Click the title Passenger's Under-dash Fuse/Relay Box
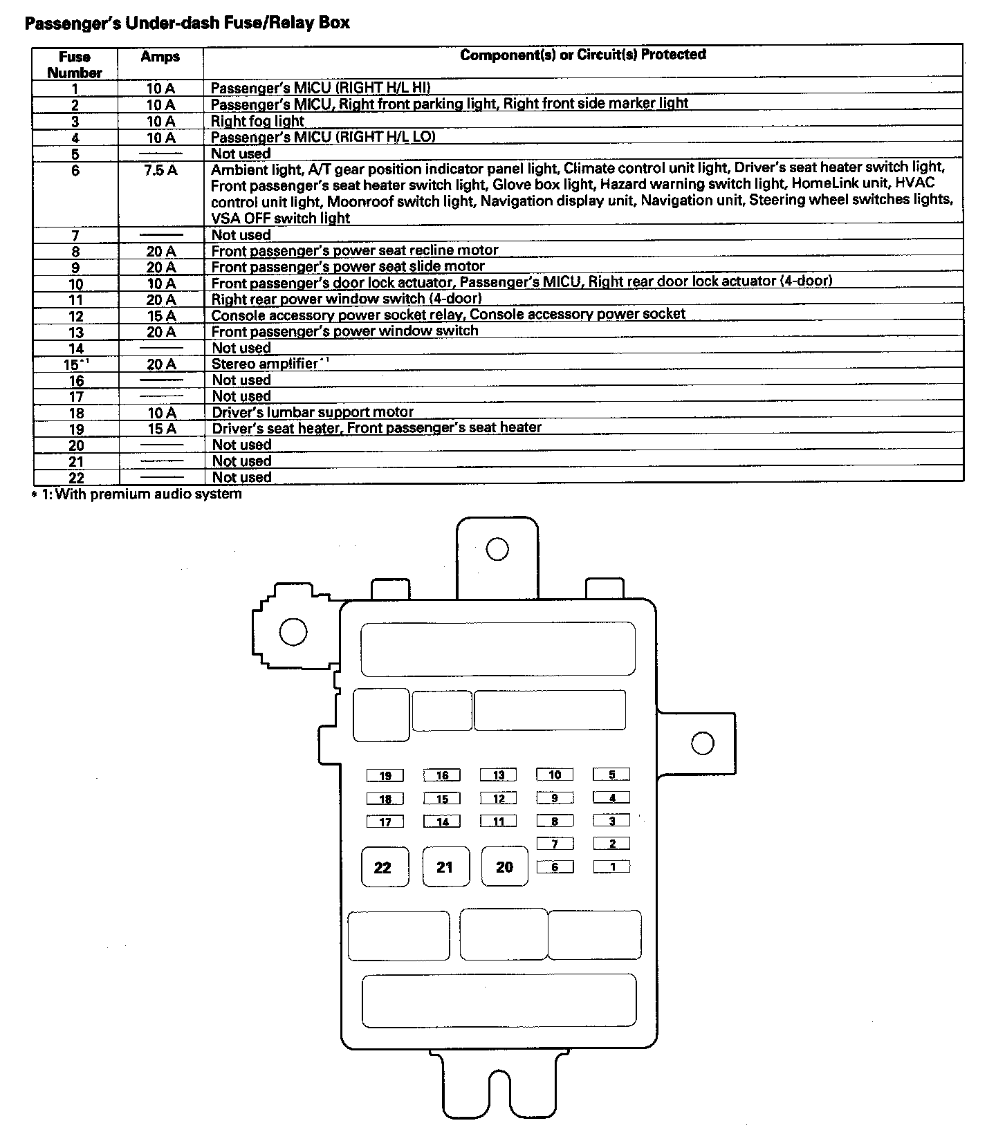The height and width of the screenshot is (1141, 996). point(187,23)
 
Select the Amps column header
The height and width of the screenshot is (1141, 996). point(160,57)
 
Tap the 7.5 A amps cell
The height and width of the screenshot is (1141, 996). point(160,169)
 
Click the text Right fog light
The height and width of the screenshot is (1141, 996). point(257,121)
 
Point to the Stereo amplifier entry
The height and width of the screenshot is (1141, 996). point(265,364)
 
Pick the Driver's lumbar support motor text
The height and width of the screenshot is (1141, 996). point(313,412)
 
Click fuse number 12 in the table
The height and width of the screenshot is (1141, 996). point(75,316)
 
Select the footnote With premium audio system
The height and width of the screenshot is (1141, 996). point(148,494)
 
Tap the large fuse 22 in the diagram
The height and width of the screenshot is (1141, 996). point(383,867)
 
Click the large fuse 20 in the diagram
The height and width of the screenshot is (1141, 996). point(505,866)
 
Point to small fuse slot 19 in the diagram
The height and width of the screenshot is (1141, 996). point(385,776)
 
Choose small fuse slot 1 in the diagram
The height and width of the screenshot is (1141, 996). point(612,866)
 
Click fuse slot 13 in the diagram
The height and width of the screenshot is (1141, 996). point(499,775)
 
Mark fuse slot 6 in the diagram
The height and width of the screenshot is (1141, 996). point(555,866)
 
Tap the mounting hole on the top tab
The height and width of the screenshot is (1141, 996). point(497,550)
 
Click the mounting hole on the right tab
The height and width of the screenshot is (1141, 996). point(702,743)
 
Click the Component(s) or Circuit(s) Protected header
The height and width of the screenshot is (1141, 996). point(583,55)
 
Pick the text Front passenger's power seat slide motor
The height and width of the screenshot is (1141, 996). point(348,266)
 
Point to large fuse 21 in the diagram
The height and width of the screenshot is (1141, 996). point(445,867)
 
